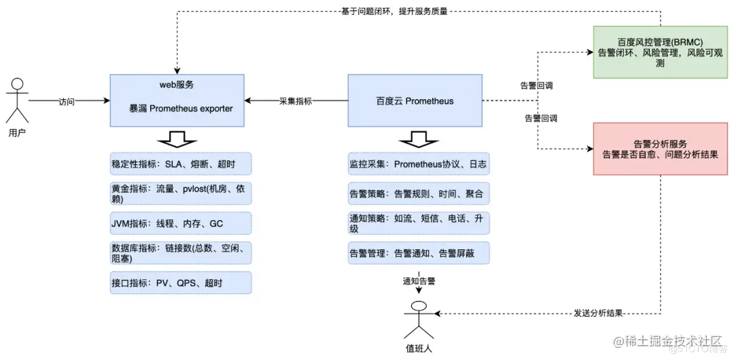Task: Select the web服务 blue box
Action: coord(176,101)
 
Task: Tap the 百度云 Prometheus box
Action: coord(415,101)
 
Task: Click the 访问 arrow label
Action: coord(66,101)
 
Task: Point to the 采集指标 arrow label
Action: coord(296,101)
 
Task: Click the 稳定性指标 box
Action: coord(180,164)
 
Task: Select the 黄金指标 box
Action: coord(180,194)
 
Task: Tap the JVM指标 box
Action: coord(180,223)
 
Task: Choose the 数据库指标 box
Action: coord(180,253)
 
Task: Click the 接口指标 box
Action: coord(180,283)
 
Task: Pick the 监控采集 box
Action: coord(418,164)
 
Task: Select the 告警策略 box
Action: coord(418,194)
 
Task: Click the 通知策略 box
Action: coord(418,223)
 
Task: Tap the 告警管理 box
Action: coord(418,253)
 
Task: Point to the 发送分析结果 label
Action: coord(598,313)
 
